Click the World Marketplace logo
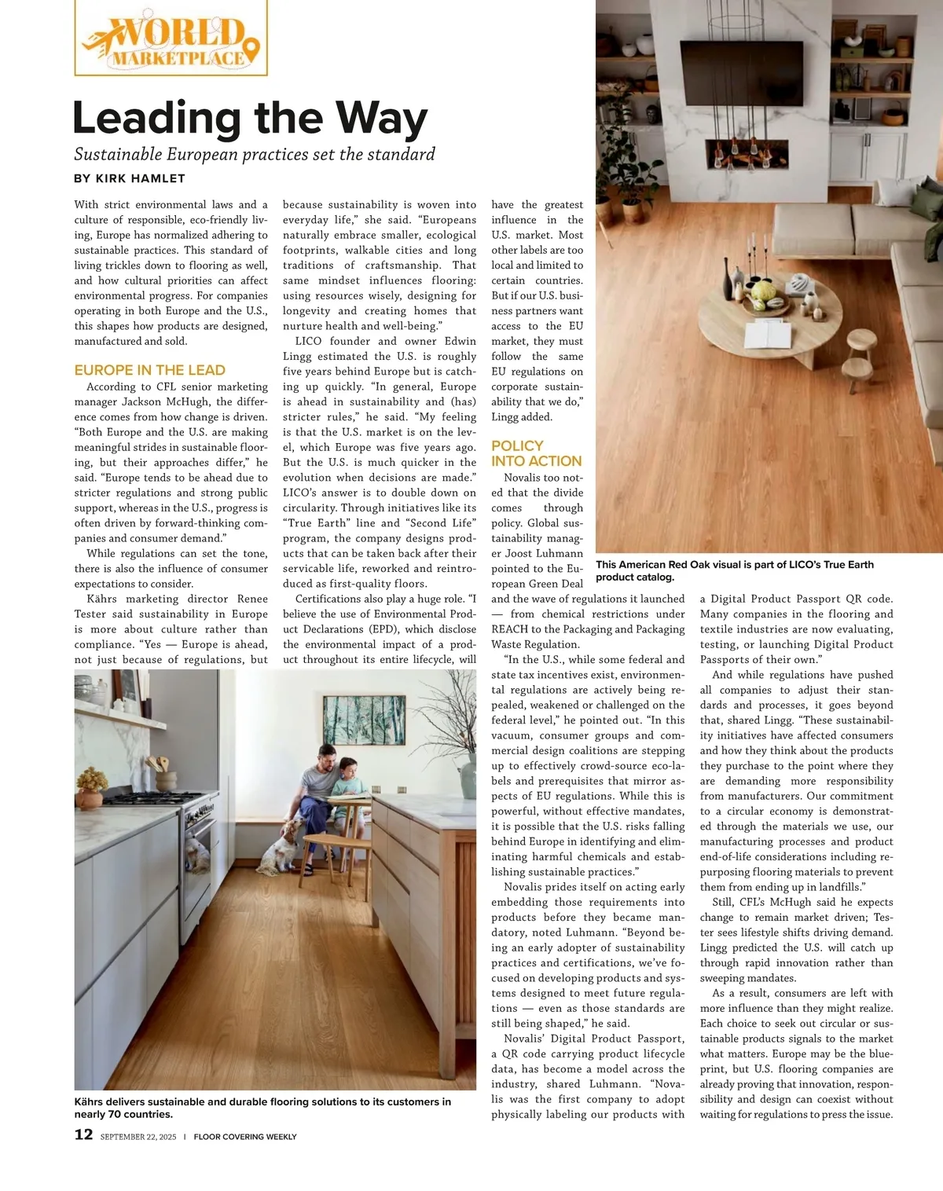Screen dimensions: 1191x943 coord(171,39)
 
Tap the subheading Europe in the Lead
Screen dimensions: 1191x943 coord(149,370)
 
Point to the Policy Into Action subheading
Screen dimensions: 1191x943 coord(537,453)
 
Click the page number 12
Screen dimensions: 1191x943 coord(83,1134)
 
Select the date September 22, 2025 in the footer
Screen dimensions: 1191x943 coord(138,1136)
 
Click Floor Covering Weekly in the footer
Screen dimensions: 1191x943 coord(245,1136)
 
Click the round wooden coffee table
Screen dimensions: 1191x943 coord(769,314)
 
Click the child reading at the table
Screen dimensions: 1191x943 coord(350,778)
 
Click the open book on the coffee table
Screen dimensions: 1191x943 coord(768,336)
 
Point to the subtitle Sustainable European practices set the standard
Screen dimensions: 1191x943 coord(255,154)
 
